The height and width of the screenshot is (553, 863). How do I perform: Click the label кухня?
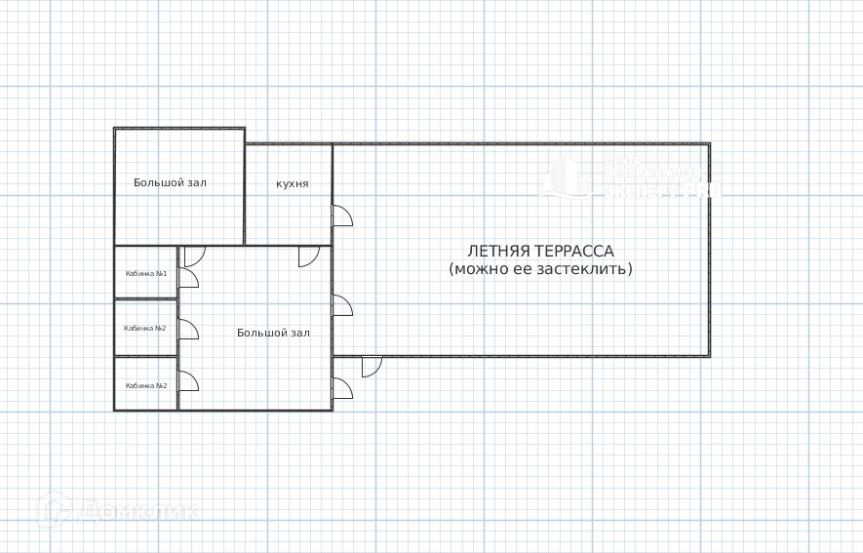click(293, 183)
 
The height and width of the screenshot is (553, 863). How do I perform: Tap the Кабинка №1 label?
click(146, 273)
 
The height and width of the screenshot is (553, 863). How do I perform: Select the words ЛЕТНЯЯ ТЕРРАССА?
click(540, 251)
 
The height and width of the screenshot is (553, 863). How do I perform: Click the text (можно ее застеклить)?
click(540, 268)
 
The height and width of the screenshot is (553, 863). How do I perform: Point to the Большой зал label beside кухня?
click(171, 182)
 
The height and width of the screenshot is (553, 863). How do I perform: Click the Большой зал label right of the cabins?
click(273, 333)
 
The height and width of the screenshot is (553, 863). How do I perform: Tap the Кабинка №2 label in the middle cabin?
click(145, 328)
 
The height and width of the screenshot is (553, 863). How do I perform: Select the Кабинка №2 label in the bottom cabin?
click(146, 385)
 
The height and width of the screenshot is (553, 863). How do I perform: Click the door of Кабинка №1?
click(188, 279)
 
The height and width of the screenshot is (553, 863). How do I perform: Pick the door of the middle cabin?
click(188, 330)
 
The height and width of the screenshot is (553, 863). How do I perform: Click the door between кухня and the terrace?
click(342, 217)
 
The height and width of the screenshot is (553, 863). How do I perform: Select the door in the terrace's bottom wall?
click(372, 366)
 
